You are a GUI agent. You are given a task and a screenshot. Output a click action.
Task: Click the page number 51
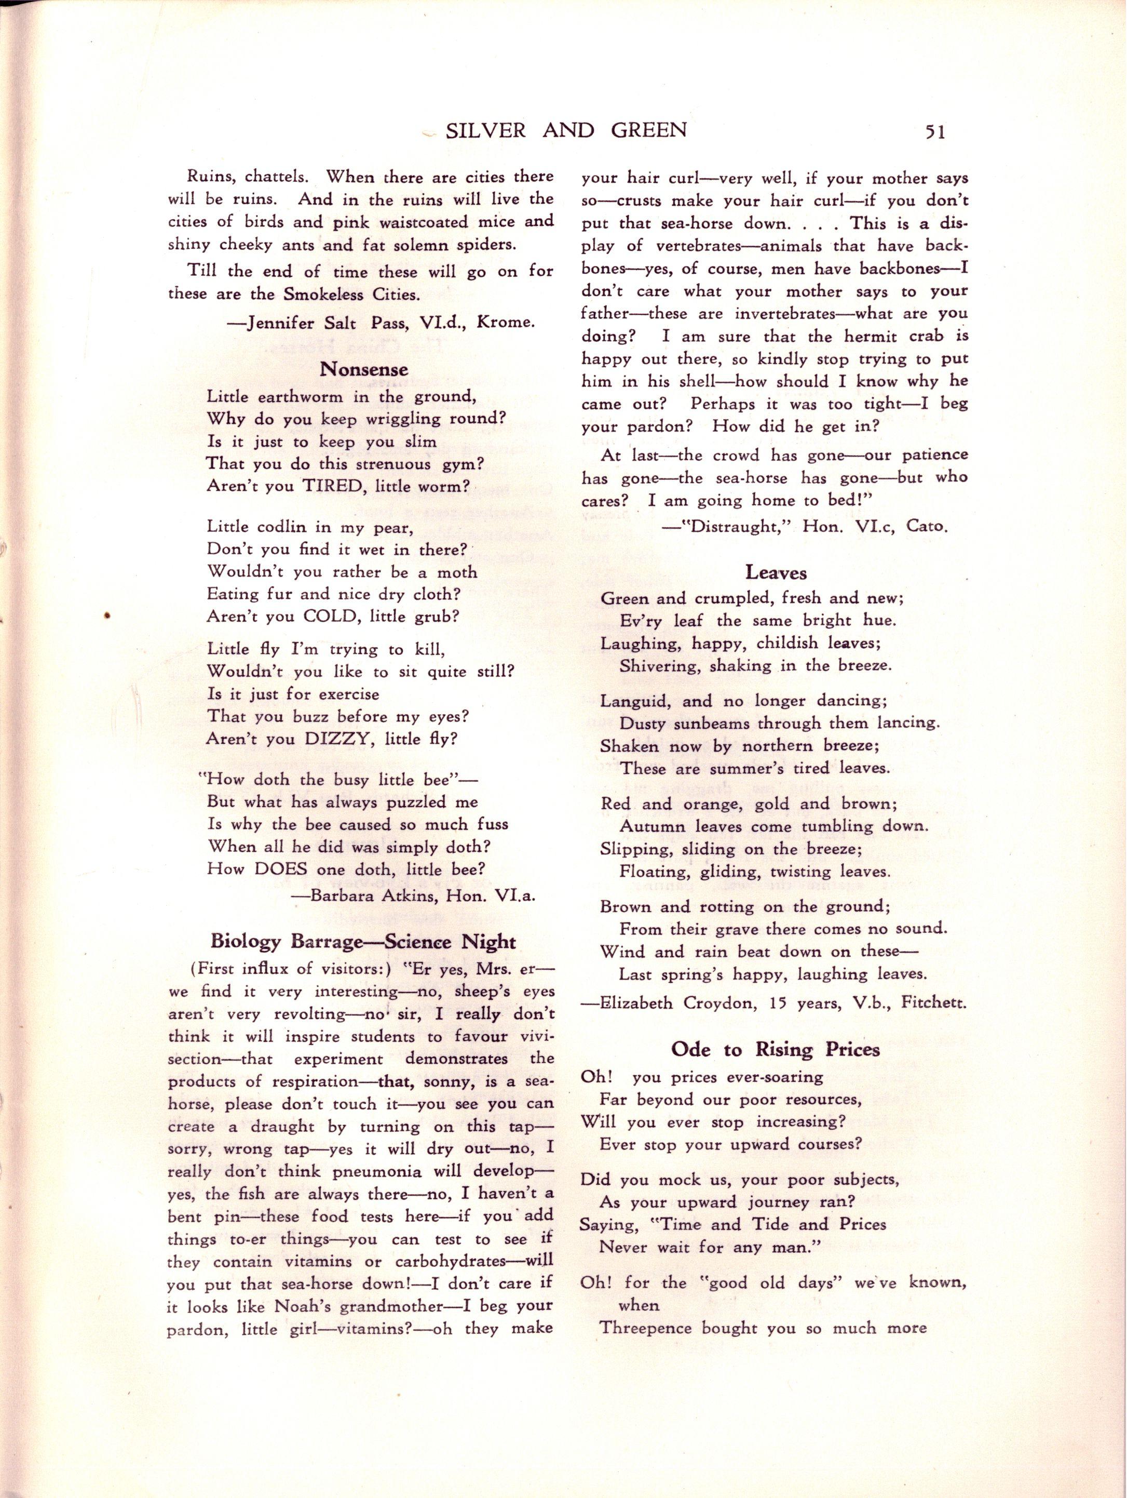tap(933, 131)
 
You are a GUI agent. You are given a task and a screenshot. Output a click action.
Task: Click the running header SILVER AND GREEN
tap(566, 130)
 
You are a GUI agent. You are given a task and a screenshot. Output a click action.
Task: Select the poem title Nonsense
tap(364, 369)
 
